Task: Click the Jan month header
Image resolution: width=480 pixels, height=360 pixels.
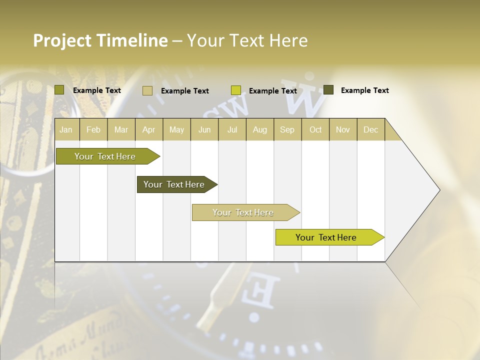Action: click(x=66, y=129)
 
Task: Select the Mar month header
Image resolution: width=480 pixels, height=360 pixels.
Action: click(x=121, y=129)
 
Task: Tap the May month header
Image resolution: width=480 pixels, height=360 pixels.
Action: click(x=176, y=129)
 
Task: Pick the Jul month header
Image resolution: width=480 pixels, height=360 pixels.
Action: click(x=232, y=129)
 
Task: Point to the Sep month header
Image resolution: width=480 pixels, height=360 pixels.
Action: click(x=287, y=129)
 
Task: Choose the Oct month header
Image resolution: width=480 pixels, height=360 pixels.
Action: click(x=315, y=129)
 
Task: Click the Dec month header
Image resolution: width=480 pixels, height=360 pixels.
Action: click(x=370, y=129)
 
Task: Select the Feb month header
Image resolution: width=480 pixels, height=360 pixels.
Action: click(x=93, y=129)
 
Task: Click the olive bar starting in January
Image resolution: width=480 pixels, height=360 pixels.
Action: click(x=105, y=156)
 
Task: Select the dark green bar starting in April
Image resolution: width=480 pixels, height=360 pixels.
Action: click(x=174, y=184)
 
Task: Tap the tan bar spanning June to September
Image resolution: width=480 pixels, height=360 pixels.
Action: click(x=243, y=212)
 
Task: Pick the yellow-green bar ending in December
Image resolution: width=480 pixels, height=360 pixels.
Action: click(x=326, y=237)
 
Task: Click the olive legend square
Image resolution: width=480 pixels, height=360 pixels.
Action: click(x=59, y=90)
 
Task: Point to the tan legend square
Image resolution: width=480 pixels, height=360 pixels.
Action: click(x=147, y=90)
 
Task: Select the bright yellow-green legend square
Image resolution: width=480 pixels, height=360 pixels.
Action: click(x=236, y=90)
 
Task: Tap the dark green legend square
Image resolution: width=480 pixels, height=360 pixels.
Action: click(x=328, y=90)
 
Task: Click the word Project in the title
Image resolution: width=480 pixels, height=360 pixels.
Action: click(x=62, y=40)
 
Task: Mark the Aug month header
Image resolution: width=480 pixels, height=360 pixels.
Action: click(x=259, y=129)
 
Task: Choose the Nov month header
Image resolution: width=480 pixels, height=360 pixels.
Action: click(x=343, y=129)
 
